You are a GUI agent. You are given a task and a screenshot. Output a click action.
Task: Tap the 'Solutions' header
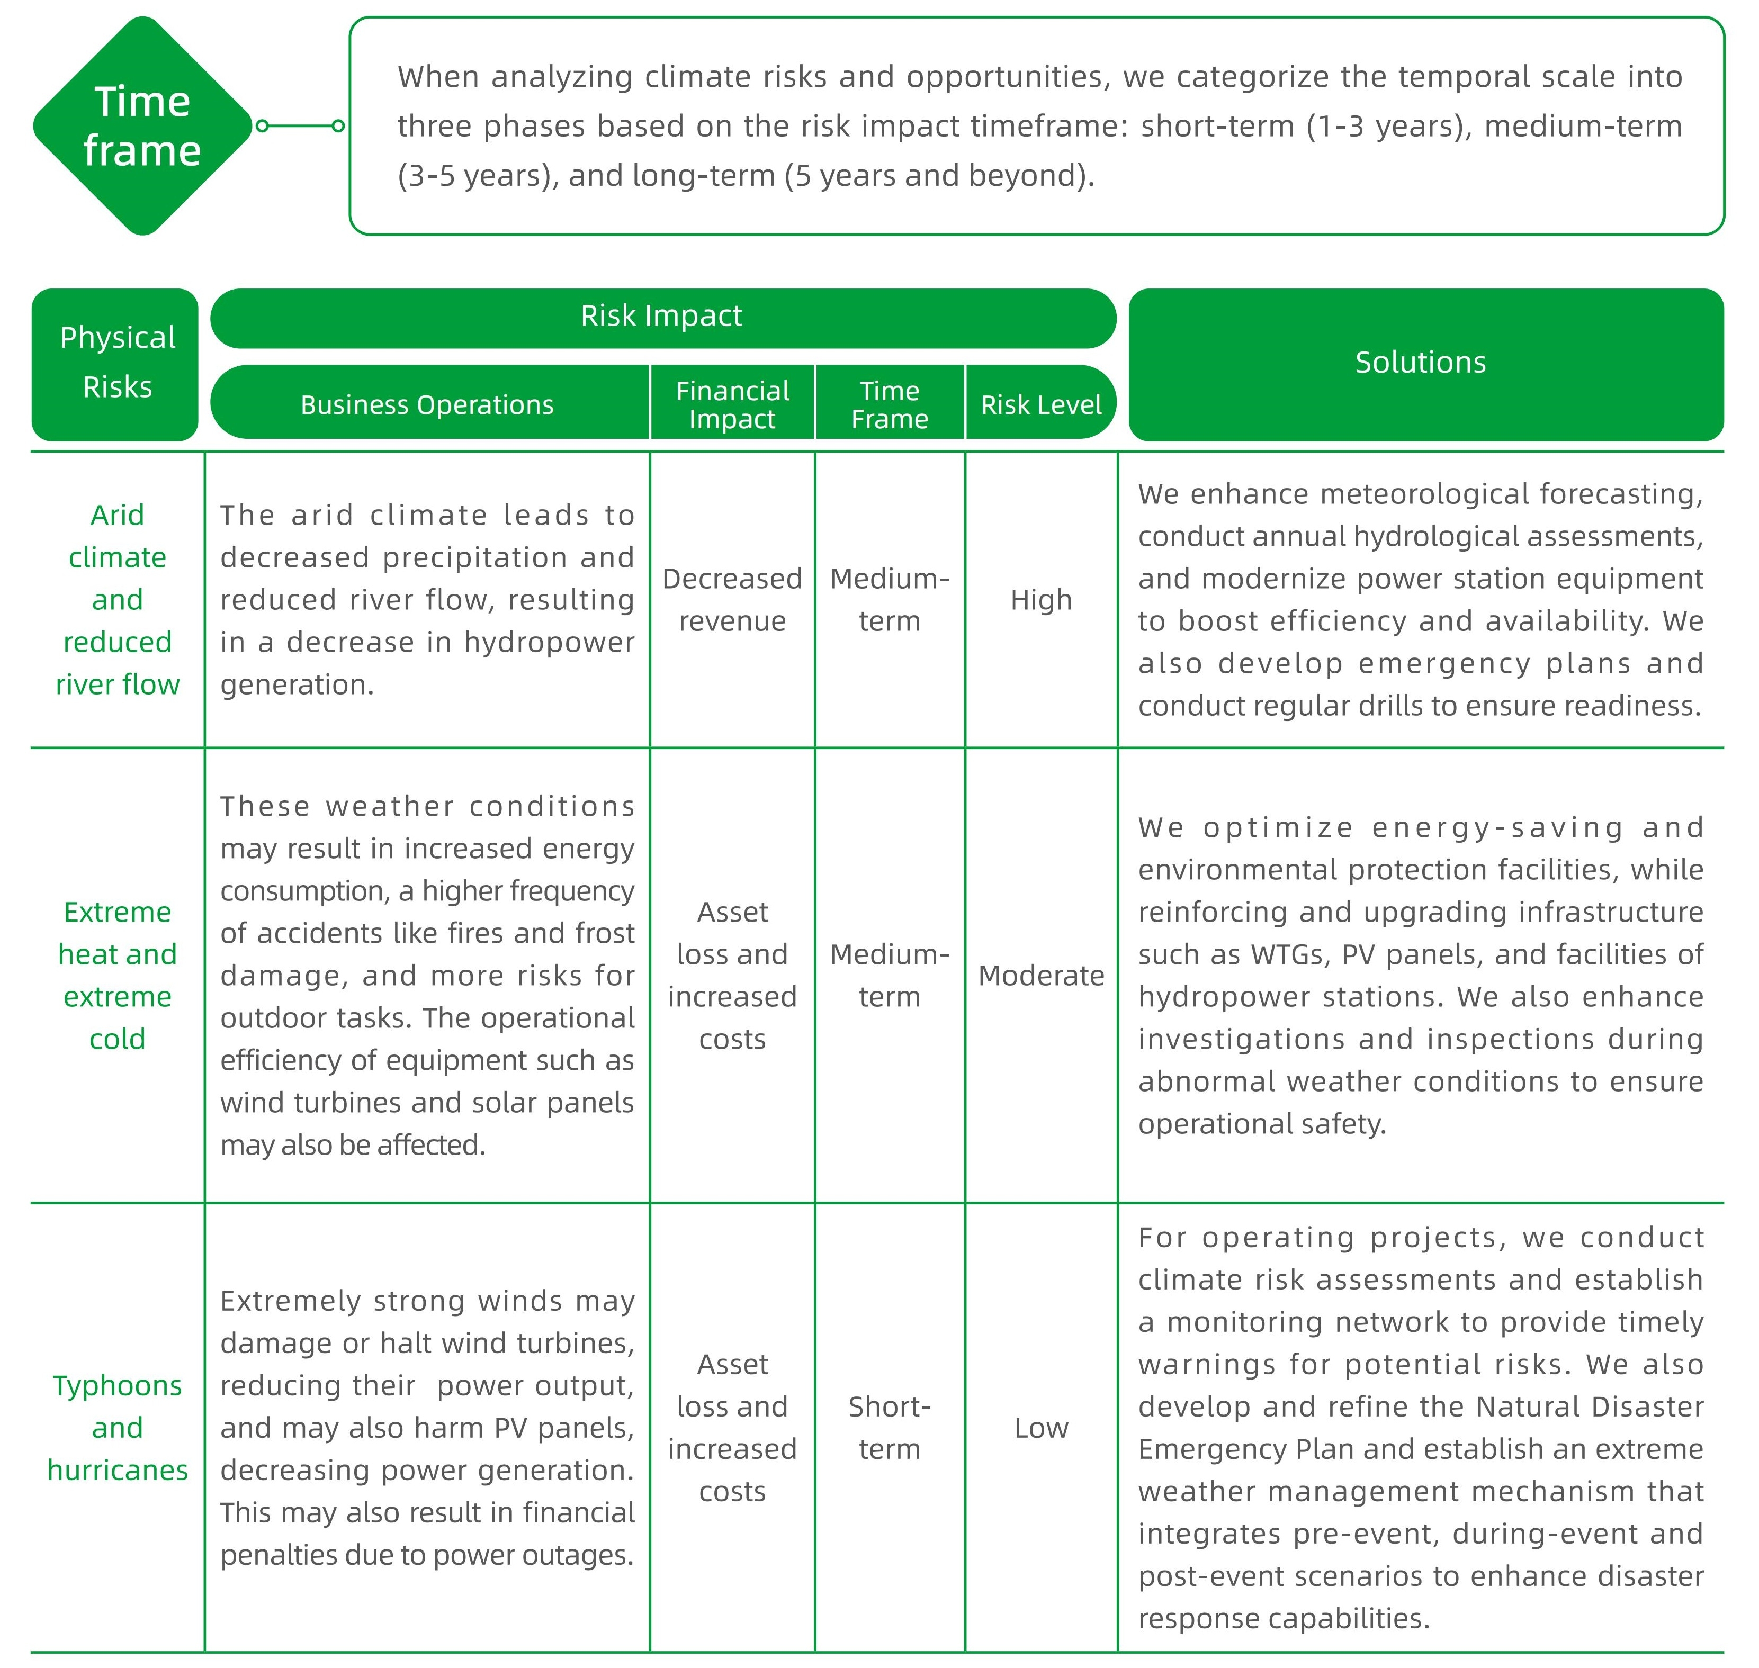[x=1420, y=363]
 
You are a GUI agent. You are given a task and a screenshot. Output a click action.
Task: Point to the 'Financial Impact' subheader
[x=732, y=404]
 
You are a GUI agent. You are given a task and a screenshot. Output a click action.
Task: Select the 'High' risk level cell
[x=1040, y=600]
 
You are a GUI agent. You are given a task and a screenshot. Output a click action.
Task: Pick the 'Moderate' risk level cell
[x=1040, y=976]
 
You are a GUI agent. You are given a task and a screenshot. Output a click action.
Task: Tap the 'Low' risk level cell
[x=1040, y=1428]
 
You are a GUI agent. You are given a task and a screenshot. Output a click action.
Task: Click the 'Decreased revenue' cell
[x=732, y=600]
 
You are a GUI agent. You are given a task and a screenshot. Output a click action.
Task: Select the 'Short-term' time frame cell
[x=889, y=1428]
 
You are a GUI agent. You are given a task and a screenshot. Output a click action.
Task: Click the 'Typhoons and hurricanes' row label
[x=118, y=1428]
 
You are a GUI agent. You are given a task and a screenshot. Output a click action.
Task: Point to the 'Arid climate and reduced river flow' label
[x=118, y=600]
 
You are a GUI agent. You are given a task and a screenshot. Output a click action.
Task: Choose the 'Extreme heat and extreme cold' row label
[x=118, y=976]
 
